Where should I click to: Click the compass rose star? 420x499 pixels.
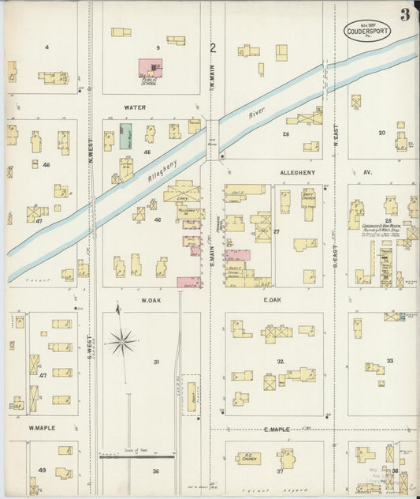coord(121,342)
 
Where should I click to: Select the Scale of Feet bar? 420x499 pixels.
coord(136,456)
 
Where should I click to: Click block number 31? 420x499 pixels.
coord(156,362)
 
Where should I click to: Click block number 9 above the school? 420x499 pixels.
coord(158,48)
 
